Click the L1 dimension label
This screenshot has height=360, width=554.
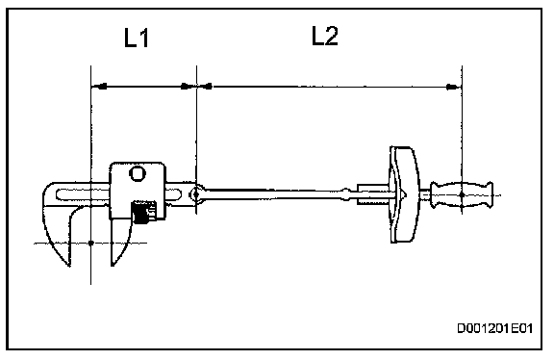(x=137, y=38)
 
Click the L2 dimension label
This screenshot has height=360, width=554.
(x=325, y=36)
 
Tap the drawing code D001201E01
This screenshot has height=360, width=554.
(x=494, y=328)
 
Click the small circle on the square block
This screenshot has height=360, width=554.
(x=138, y=173)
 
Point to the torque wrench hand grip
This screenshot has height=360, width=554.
(x=462, y=194)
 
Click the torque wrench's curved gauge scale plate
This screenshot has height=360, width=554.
(x=405, y=194)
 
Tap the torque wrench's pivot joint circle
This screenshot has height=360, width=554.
(x=196, y=193)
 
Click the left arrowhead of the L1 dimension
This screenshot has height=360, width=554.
(x=100, y=86)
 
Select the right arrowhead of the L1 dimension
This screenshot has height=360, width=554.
(x=187, y=86)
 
